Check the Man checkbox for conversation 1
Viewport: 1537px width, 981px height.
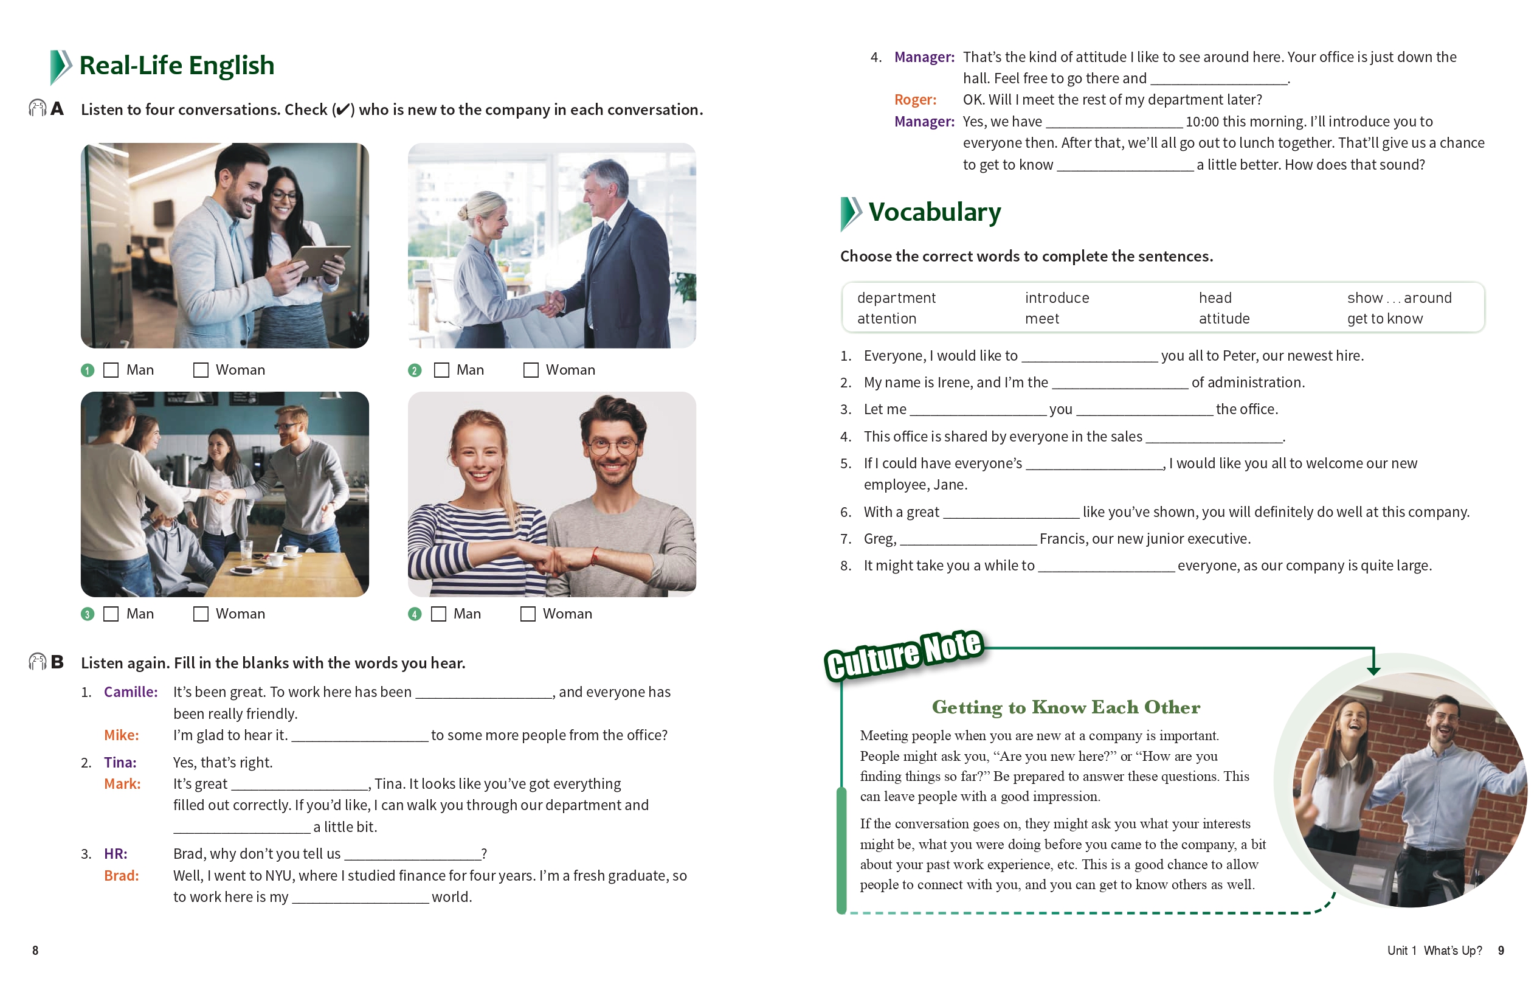(x=111, y=370)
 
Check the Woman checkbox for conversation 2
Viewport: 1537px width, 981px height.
(x=530, y=370)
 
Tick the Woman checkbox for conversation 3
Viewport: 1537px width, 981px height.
(x=201, y=614)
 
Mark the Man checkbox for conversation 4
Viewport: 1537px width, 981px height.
(x=438, y=614)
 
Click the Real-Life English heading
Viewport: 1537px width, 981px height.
(x=177, y=66)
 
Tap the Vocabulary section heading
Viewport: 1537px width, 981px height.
(x=934, y=212)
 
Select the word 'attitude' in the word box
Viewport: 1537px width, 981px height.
(x=1224, y=319)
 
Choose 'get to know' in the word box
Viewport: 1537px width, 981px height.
(x=1384, y=319)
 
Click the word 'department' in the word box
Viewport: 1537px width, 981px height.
(x=896, y=298)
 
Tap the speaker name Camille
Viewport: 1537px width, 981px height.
(x=131, y=692)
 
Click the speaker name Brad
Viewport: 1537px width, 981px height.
(x=121, y=876)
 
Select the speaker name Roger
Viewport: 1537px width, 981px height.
(x=914, y=100)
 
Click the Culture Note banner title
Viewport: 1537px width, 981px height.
(x=904, y=654)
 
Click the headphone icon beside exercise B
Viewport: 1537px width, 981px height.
(x=37, y=662)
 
